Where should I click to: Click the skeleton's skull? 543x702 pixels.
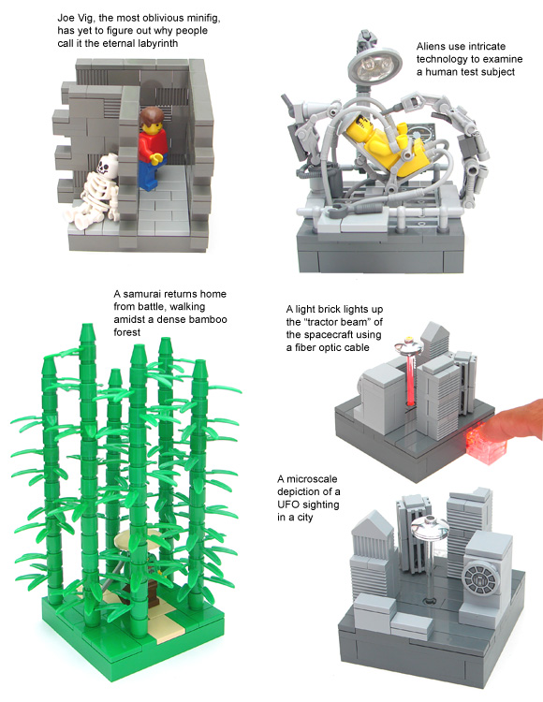point(107,166)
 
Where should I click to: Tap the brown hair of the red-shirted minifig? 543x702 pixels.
point(152,118)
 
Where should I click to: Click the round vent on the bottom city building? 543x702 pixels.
point(480,579)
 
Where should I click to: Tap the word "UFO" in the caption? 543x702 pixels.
point(287,505)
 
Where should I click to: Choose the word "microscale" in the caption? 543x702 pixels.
point(312,479)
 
